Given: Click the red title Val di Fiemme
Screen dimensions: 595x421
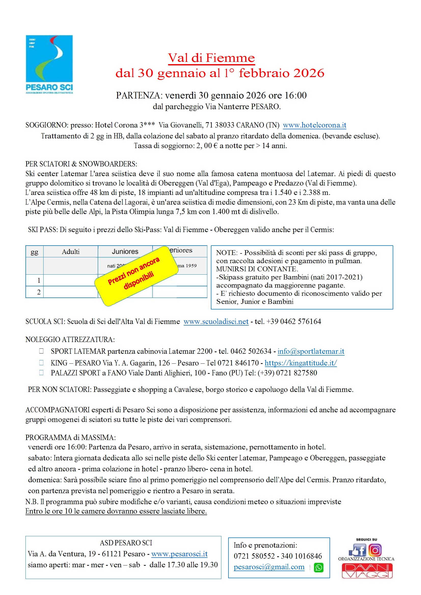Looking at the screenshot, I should pos(211,58).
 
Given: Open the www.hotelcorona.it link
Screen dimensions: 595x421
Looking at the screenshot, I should pos(314,125).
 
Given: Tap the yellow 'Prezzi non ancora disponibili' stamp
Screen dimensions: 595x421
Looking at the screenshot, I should pos(137,276).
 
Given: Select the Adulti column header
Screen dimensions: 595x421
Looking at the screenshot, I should pos(71,252).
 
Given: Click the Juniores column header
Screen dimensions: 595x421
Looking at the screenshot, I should pos(125,252).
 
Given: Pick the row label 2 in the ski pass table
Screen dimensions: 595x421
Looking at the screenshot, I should pos(39,292).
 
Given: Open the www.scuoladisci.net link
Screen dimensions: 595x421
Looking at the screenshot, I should pos(216,322).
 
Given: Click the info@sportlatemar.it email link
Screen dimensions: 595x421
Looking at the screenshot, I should pos(311,351).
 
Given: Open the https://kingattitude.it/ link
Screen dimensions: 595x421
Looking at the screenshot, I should pos(300,363).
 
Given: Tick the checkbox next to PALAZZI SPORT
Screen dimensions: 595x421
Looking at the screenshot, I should pos(41,373).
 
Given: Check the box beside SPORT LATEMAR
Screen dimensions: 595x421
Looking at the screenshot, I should pos(41,351).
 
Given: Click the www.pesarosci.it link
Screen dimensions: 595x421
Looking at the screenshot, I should pos(179,554).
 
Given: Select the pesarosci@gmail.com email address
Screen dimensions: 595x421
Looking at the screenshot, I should pos(269,567).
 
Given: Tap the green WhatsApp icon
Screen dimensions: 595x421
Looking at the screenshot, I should pos(319,568).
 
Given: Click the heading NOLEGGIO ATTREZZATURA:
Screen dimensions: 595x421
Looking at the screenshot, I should pos(70,339).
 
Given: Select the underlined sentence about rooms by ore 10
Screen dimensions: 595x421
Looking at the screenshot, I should pos(116,511).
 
